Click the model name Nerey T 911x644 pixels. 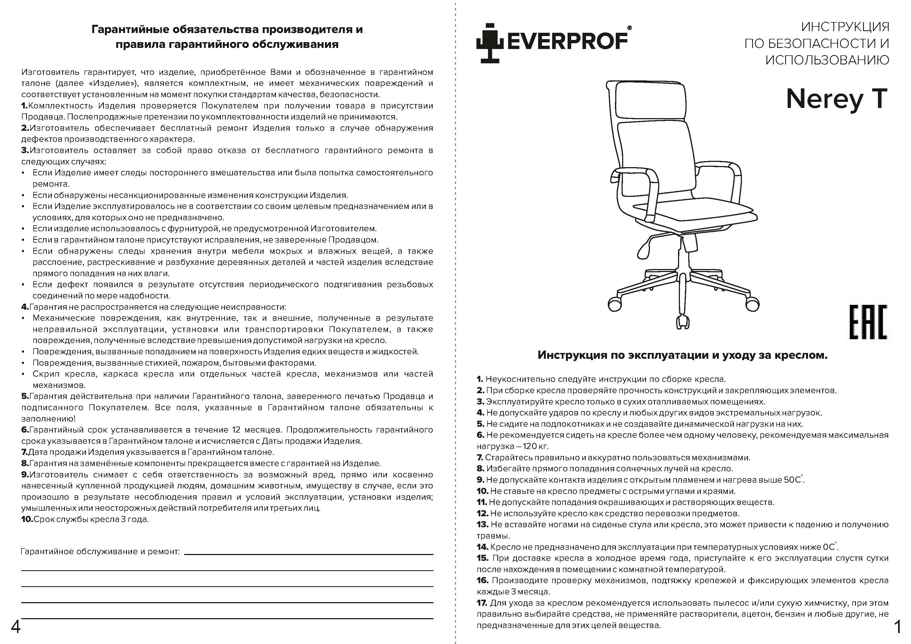tap(836, 99)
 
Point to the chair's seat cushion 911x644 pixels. tap(694, 212)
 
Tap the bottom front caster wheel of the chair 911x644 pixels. tap(682, 321)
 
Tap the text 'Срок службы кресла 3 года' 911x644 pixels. tap(91, 519)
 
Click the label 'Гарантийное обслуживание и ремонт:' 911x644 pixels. tap(100, 551)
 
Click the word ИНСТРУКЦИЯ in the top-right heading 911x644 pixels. tap(845, 27)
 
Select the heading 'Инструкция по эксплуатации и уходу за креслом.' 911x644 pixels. tap(682, 355)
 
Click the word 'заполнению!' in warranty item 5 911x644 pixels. tap(48, 419)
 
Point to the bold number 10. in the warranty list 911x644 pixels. tap(27, 519)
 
